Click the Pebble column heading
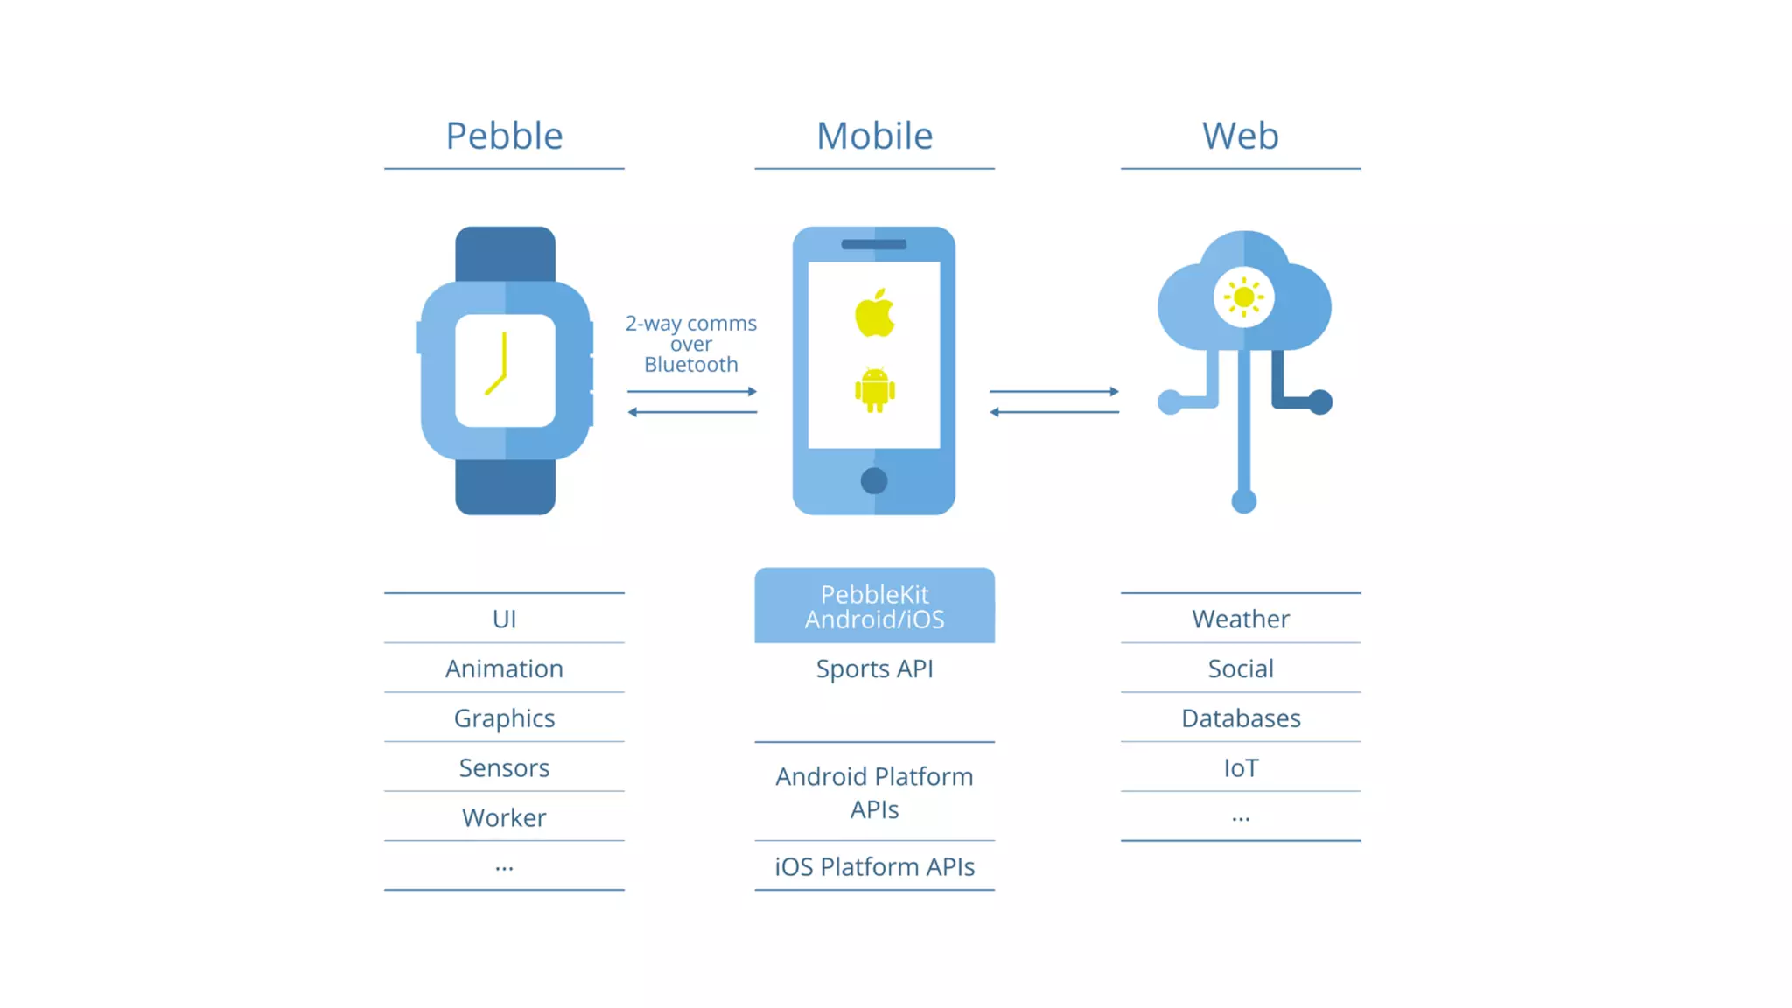[x=504, y=136]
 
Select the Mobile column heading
[x=874, y=136]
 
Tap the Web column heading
[x=1240, y=136]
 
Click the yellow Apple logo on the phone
[x=874, y=313]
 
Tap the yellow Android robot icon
[x=874, y=390]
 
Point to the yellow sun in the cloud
[x=1243, y=297]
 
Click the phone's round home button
[x=873, y=480]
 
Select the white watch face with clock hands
[x=505, y=370]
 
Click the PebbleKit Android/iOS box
[x=874, y=605]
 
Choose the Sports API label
[x=874, y=668]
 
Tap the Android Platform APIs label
[x=874, y=792]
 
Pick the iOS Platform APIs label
[x=874, y=866]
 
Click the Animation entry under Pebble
[x=504, y=668]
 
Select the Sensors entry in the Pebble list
[x=504, y=767]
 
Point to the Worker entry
[x=504, y=817]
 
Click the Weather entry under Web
[x=1240, y=619]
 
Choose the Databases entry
[x=1240, y=718]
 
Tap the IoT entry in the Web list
[x=1240, y=767]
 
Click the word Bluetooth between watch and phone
[x=690, y=365]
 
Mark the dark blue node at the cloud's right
[x=1319, y=402]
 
